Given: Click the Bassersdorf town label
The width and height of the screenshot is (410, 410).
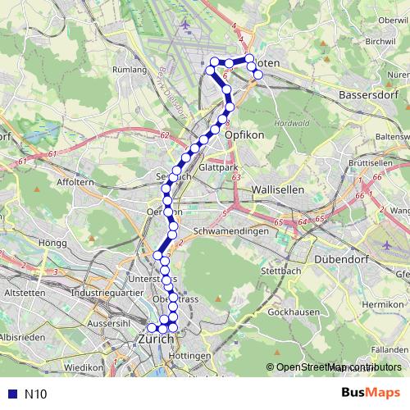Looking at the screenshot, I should pos(367,95).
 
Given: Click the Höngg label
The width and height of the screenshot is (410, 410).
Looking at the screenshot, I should pos(51,243).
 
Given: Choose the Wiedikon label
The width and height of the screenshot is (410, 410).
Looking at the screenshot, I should pos(84,368).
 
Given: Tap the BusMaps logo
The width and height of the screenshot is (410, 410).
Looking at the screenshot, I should pos(371,393).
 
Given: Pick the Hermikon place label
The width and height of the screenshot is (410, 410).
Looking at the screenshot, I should pos(383,304).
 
